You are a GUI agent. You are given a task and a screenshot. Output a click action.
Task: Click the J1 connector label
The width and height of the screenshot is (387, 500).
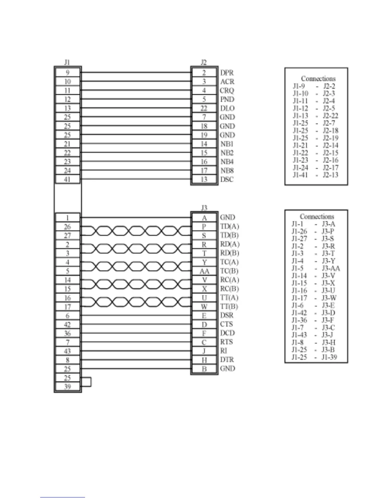click(x=67, y=62)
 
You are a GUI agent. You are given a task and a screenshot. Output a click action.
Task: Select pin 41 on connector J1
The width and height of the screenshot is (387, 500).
click(x=67, y=179)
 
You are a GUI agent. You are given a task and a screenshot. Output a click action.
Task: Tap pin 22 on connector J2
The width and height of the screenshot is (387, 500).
click(x=204, y=108)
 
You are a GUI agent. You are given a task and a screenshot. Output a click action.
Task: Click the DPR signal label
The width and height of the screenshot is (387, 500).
click(x=227, y=73)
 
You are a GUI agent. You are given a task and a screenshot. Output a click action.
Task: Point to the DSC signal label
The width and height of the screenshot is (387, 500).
click(x=227, y=179)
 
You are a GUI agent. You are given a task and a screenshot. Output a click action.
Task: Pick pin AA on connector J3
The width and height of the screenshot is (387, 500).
click(x=204, y=271)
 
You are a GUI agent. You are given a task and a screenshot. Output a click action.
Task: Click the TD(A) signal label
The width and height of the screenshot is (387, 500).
click(x=230, y=226)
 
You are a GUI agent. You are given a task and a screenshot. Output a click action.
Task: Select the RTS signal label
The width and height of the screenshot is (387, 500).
click(x=226, y=342)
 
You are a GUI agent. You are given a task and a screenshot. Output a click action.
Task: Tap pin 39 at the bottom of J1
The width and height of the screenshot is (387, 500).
click(x=67, y=387)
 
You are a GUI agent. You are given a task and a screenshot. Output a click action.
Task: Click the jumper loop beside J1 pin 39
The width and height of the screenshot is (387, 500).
click(x=87, y=382)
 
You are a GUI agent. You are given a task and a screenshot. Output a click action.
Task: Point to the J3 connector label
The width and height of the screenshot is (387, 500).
click(x=204, y=207)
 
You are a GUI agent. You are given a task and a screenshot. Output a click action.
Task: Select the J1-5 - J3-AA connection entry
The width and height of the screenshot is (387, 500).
click(x=316, y=269)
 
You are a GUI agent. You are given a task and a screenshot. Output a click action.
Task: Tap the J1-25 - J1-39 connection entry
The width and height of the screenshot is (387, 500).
click(x=314, y=357)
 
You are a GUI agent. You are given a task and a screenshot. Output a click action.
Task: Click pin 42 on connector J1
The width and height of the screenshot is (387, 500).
click(x=67, y=324)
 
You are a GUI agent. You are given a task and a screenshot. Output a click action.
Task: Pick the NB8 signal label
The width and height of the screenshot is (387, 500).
click(x=227, y=170)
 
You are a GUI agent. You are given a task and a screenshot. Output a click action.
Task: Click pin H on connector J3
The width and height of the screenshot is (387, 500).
click(x=204, y=360)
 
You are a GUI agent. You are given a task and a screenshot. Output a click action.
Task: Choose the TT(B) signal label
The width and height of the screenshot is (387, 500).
click(x=229, y=307)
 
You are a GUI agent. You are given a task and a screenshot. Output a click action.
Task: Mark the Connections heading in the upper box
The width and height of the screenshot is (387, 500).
click(x=318, y=78)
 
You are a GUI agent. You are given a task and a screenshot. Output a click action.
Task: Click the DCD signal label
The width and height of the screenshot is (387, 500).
click(x=227, y=333)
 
